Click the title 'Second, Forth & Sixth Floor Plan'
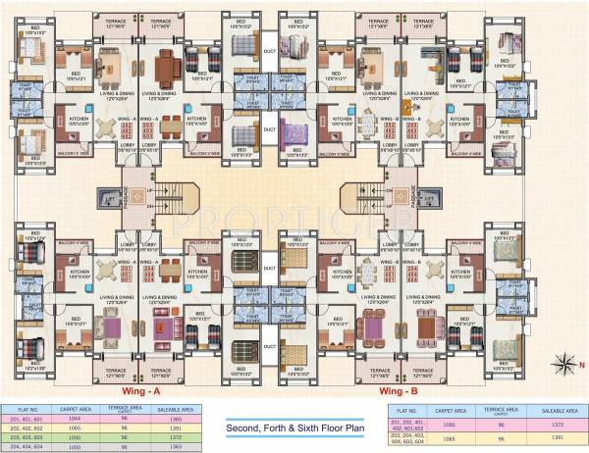pos(295,428)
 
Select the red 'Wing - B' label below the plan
pos(400,389)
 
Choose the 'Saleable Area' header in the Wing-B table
pos(558,410)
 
